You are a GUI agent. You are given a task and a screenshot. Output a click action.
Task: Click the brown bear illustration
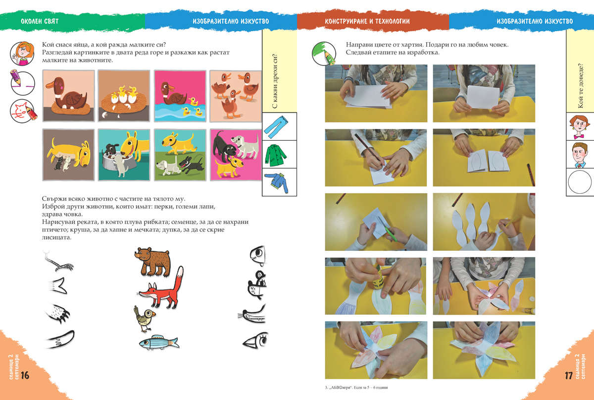[152, 262]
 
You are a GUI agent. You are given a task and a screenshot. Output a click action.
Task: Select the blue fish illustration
[159, 342]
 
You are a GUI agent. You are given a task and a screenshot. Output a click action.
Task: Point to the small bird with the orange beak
[144, 318]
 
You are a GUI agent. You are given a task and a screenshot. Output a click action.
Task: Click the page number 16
[25, 375]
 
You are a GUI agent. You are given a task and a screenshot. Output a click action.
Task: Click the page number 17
[569, 376]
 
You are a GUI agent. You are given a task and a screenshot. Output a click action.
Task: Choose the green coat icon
[276, 155]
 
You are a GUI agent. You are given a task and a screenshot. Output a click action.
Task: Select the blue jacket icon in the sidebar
[277, 182]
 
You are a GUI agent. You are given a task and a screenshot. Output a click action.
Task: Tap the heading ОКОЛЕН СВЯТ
[40, 21]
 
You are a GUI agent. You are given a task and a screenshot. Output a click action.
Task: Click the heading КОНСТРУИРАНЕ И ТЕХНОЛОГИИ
[367, 21]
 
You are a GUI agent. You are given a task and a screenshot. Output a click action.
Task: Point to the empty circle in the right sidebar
[580, 182]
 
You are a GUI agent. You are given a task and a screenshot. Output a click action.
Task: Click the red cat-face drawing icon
[22, 111]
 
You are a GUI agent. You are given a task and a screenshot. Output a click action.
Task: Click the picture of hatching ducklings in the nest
[124, 96]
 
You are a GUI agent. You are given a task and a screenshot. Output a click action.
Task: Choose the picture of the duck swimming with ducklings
[180, 96]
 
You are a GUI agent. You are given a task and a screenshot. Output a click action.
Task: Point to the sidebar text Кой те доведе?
[581, 86]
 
